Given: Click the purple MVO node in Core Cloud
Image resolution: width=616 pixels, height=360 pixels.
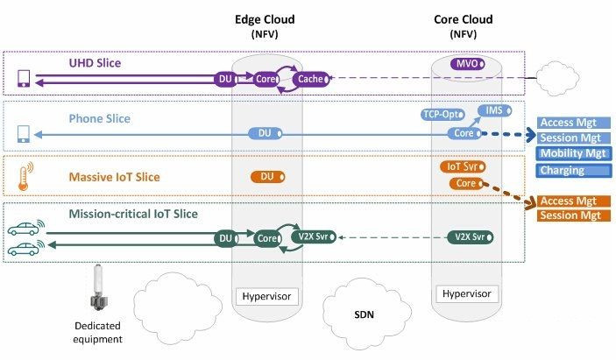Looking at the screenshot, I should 464,63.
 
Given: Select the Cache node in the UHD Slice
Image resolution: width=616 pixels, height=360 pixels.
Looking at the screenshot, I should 311,79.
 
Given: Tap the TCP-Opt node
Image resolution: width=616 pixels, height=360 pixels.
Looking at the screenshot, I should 441,114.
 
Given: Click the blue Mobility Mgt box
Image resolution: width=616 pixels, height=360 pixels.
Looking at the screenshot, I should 572,154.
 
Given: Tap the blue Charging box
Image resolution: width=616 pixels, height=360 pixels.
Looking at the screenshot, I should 572,170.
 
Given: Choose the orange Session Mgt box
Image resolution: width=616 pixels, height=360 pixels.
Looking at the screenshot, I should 572,215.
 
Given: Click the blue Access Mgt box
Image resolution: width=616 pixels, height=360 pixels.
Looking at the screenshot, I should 572,124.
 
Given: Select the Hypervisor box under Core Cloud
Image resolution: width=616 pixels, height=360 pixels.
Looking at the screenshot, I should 464,293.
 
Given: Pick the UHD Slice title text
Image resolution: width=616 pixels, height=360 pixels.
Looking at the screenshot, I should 96,64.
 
